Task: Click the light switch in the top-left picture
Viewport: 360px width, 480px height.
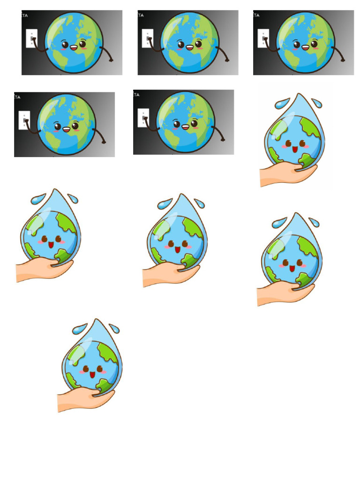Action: [32, 38]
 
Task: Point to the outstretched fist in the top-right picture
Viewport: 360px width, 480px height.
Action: [343, 60]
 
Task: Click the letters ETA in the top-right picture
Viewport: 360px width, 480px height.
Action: [256, 15]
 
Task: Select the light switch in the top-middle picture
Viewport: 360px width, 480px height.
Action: [148, 38]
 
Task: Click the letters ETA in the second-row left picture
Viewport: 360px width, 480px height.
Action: [17, 97]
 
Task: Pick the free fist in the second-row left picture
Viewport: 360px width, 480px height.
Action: [104, 142]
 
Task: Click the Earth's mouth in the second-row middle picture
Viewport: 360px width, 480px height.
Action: [185, 127]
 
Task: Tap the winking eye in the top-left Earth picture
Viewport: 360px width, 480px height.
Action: [82, 45]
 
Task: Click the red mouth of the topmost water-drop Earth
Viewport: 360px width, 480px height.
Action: [295, 150]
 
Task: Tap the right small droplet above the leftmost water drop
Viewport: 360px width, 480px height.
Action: [73, 199]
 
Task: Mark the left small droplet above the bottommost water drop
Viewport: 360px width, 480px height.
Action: [79, 328]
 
